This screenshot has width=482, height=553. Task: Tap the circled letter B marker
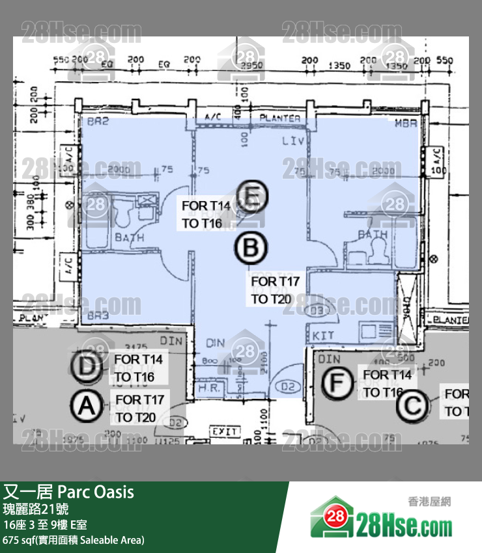251,249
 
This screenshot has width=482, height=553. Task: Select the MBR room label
405,122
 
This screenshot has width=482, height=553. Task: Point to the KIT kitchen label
324,335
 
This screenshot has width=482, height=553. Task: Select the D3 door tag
317,312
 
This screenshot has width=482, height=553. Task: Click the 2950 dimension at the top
251,65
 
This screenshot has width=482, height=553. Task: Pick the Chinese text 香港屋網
429,502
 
